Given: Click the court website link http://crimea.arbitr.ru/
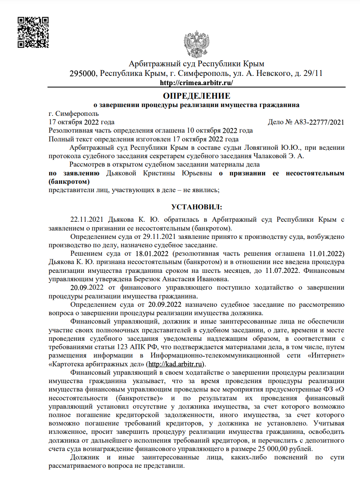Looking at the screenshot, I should coord(196,83).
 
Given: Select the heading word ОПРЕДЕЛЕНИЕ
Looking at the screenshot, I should coord(196,96).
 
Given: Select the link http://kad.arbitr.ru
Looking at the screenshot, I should coord(176,364).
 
